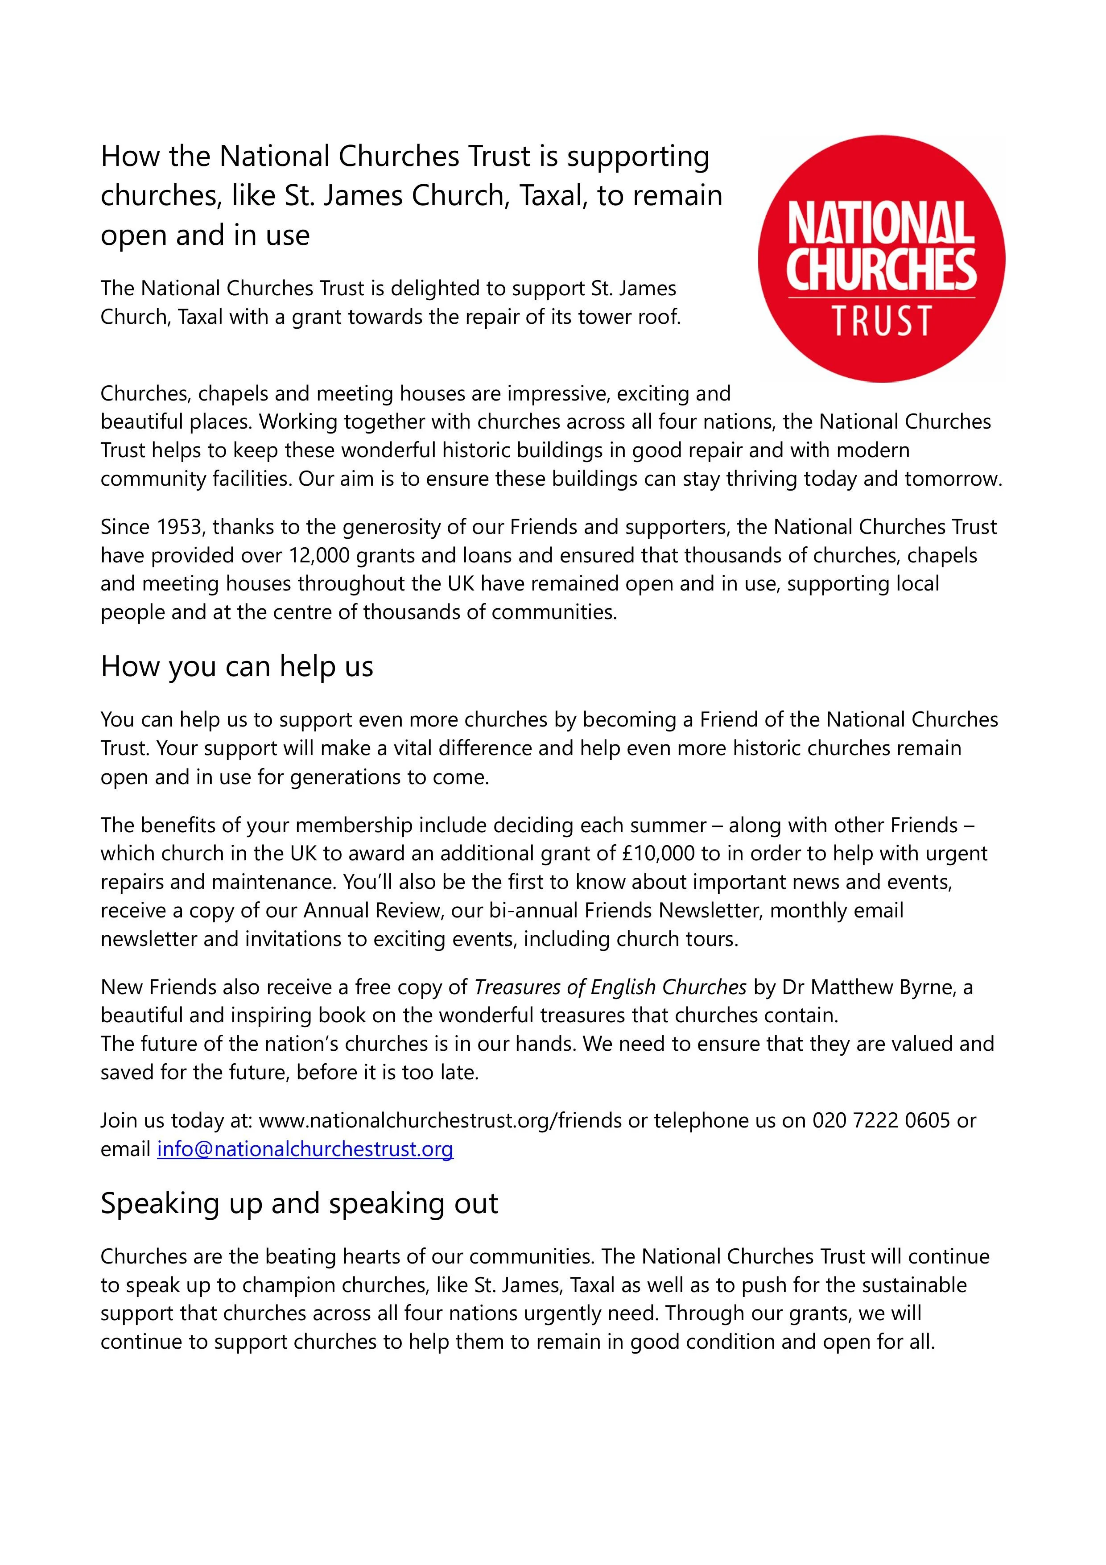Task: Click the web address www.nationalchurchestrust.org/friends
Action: pyautogui.click(x=441, y=1121)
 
